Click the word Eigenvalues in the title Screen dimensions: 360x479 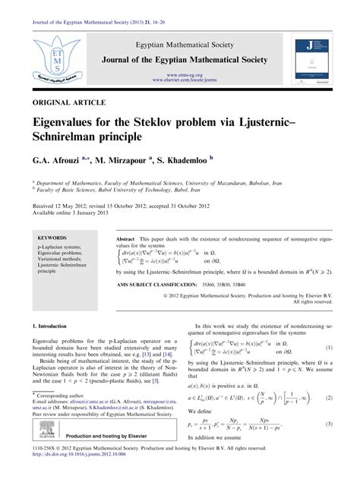[x=74, y=124]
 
